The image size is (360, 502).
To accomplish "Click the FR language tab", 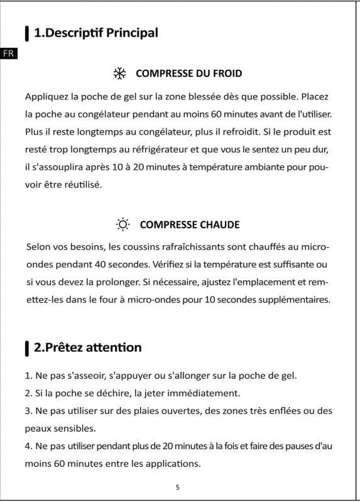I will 9,53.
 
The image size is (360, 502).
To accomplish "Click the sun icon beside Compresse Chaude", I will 123,225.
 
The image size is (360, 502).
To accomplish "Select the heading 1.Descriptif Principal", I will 95,34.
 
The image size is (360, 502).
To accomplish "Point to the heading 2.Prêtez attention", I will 87,347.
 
